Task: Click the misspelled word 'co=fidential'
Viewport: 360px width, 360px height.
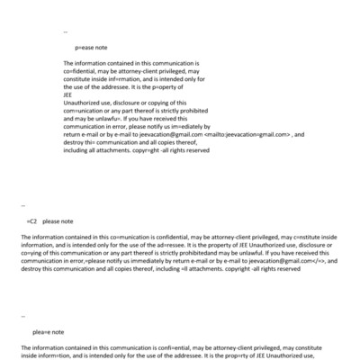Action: (83, 72)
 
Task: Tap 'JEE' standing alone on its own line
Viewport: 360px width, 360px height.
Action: (68, 96)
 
